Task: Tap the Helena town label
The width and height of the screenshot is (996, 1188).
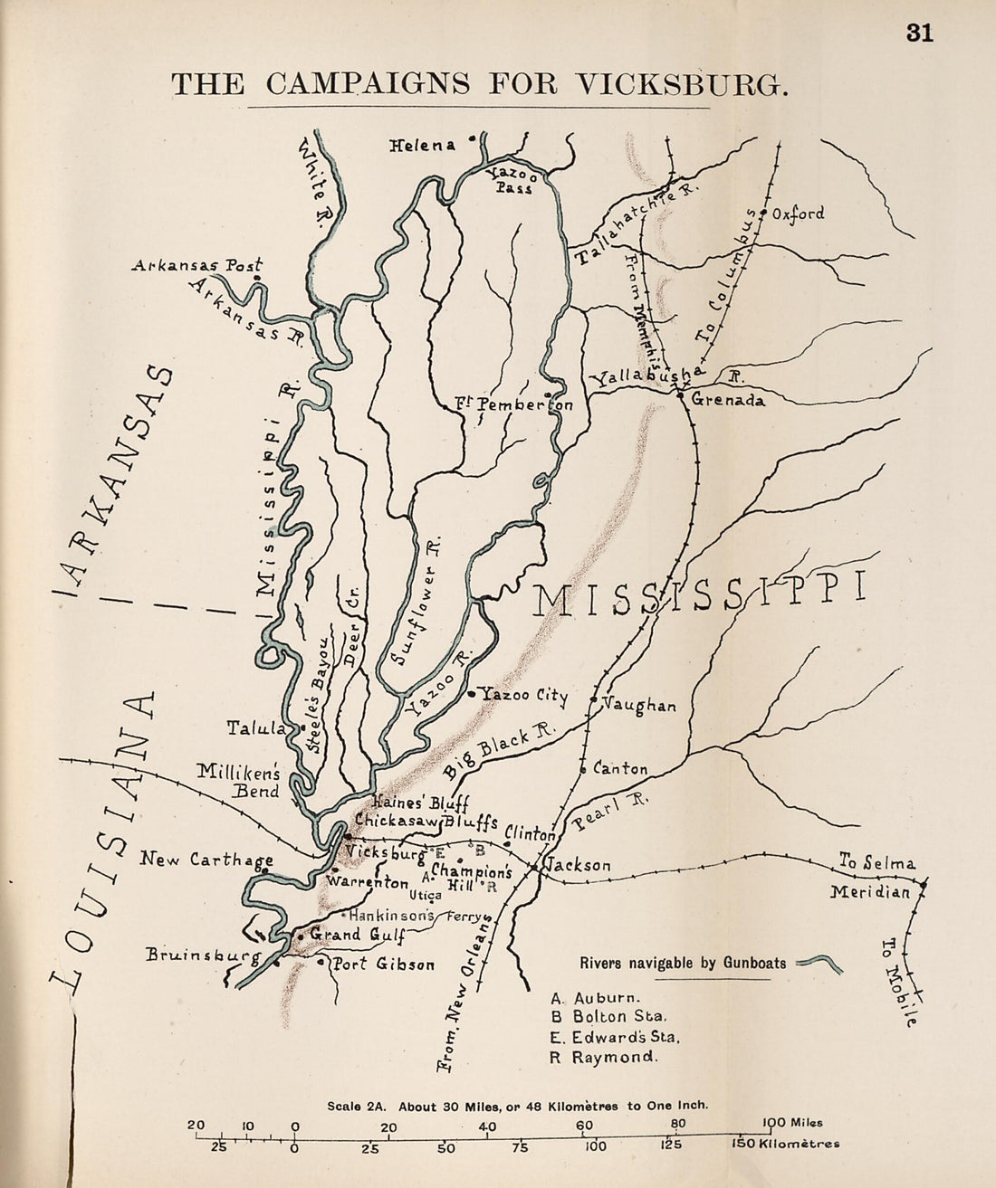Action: pyautogui.click(x=422, y=145)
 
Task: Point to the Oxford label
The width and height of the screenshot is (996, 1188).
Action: pyautogui.click(x=798, y=214)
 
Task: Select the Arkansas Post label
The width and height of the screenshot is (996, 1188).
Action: pyautogui.click(x=196, y=266)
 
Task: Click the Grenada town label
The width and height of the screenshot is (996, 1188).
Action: pyautogui.click(x=728, y=399)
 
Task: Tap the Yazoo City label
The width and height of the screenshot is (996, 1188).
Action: pyautogui.click(x=524, y=696)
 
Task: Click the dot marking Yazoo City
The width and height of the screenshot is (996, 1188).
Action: pyautogui.click(x=472, y=695)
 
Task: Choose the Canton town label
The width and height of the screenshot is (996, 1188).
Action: pyautogui.click(x=620, y=770)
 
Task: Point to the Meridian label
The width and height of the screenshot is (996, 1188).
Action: pyautogui.click(x=870, y=892)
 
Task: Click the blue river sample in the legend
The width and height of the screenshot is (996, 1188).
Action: pyautogui.click(x=821, y=965)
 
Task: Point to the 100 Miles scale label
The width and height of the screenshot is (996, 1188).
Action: pyautogui.click(x=790, y=1123)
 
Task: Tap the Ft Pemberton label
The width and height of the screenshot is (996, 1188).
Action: pyautogui.click(x=514, y=404)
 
